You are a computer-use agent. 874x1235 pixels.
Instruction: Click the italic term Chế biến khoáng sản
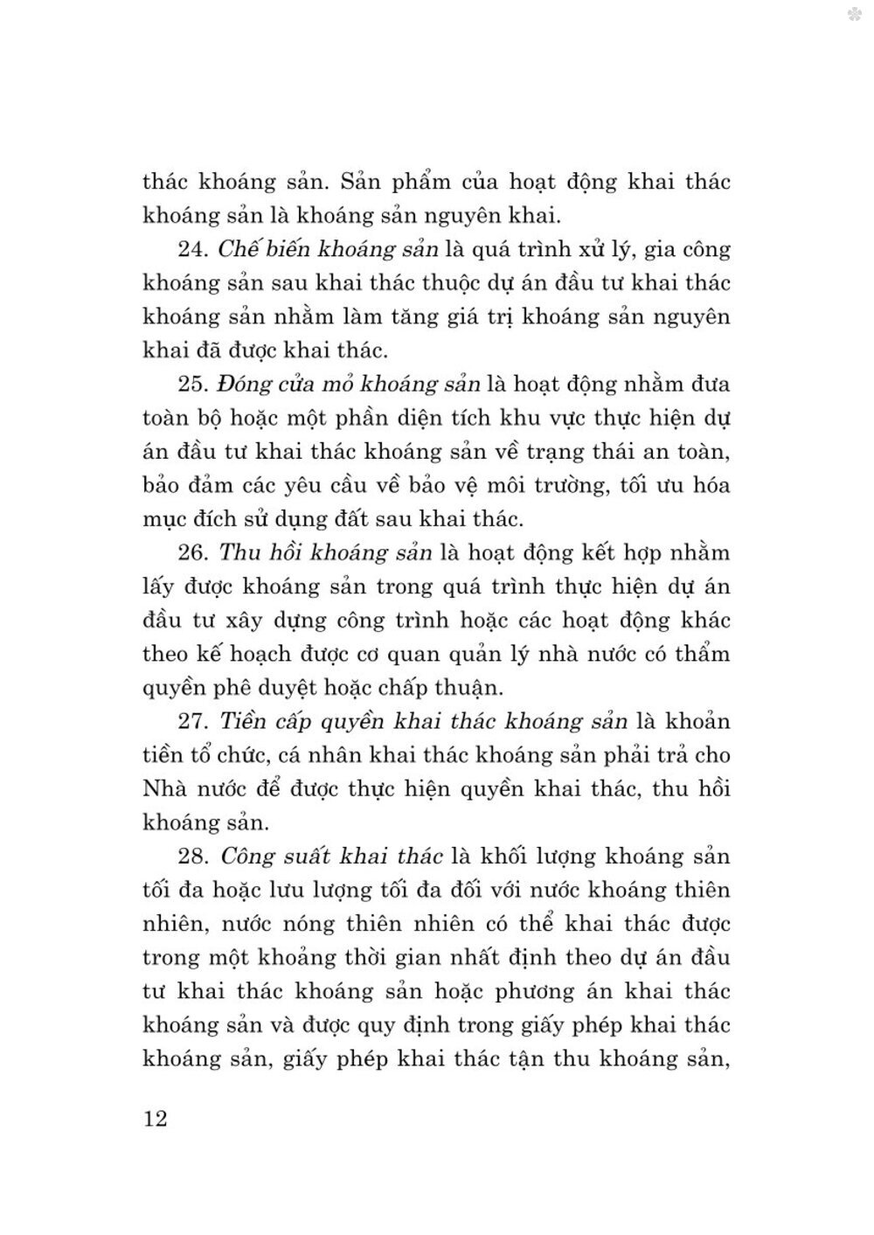click(x=328, y=249)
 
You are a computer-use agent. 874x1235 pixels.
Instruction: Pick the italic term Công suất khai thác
click(x=332, y=857)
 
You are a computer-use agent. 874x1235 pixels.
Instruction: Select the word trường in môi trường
click(x=568, y=486)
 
